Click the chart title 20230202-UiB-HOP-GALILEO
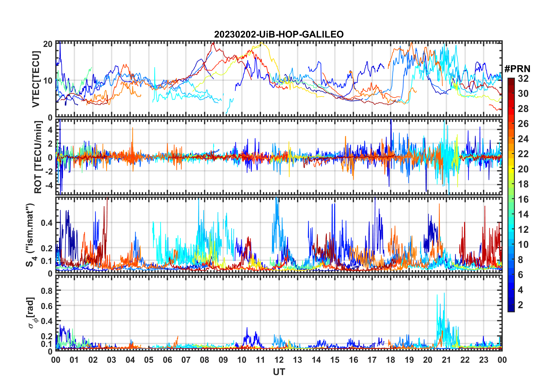coord(279,35)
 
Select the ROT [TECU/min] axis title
coord(38,157)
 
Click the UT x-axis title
coord(279,372)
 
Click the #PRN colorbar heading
coord(517,69)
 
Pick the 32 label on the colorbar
coord(523,79)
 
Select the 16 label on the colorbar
coord(523,199)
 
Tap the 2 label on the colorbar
coord(520,305)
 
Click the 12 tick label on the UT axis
coord(279,360)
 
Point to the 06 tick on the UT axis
coord(167,360)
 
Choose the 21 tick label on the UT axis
coord(446,360)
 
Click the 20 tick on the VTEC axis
coord(48,44)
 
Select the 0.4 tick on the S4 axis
coord(47,223)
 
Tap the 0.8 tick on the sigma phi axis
coord(47,291)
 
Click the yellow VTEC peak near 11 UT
coord(261,43)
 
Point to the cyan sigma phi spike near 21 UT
coord(444,293)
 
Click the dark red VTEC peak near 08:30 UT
coord(213,43)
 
